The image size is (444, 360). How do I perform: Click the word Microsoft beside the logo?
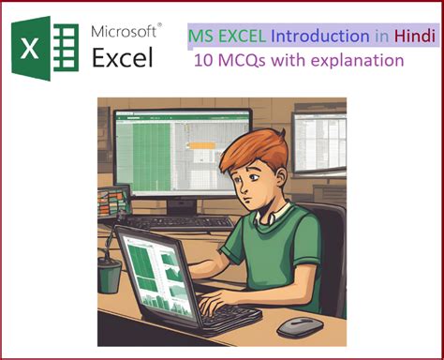pos(126,31)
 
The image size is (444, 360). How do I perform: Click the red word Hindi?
pos(412,37)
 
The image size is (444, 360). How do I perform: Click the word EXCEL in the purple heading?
pos(242,37)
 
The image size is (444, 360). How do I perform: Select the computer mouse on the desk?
pos(300,325)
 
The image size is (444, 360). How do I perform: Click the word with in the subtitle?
pos(290,61)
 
